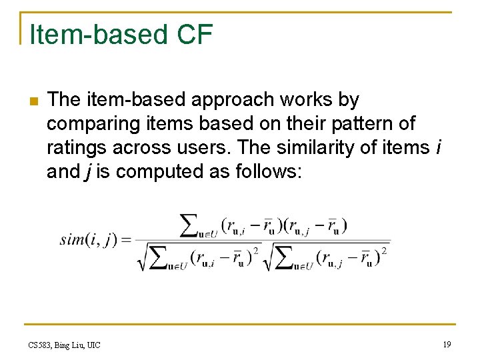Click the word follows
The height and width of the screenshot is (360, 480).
tap(267, 172)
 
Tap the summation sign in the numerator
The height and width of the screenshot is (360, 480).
tap(191, 225)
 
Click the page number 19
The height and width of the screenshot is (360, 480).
tap(446, 344)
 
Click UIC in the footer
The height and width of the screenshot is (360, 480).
tap(93, 345)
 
